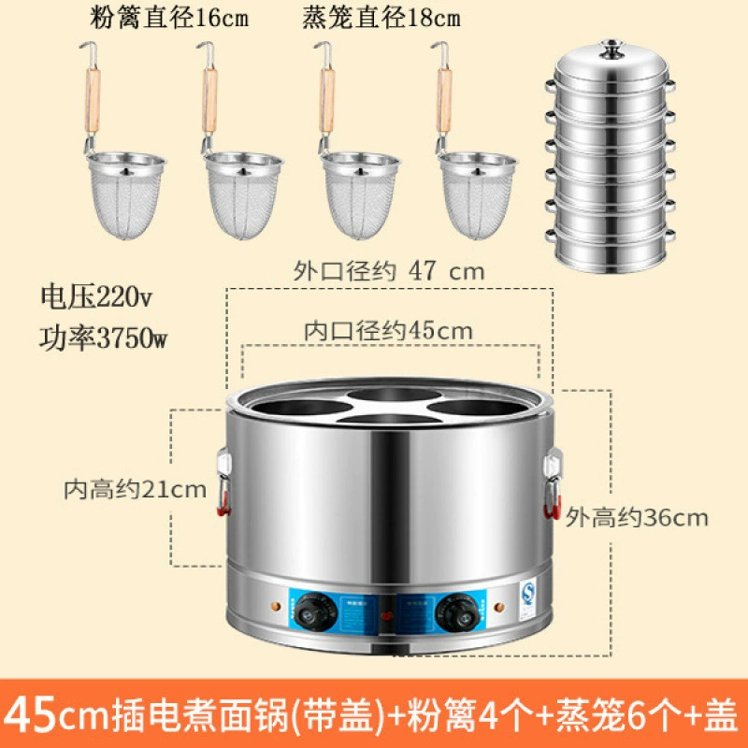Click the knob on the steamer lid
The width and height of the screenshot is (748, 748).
click(x=612, y=50)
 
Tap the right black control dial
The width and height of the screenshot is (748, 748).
click(x=458, y=612)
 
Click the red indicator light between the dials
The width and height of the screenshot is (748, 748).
click(x=387, y=615)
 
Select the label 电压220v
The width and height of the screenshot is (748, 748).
click(x=96, y=296)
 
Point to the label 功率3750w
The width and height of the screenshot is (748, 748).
click(x=103, y=338)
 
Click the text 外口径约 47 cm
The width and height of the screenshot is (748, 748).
click(x=388, y=271)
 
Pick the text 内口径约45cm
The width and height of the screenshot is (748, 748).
click(x=388, y=331)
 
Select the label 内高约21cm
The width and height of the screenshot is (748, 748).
click(x=135, y=489)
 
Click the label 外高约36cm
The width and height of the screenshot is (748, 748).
click(x=637, y=517)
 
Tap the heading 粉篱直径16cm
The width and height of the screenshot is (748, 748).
click(x=169, y=18)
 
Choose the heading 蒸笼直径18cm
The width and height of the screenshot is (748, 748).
click(x=381, y=18)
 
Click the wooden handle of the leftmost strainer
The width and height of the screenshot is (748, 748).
click(x=93, y=101)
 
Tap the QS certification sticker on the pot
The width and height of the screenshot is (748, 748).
click(x=527, y=599)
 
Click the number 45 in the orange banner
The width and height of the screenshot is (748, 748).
click(x=30, y=714)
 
